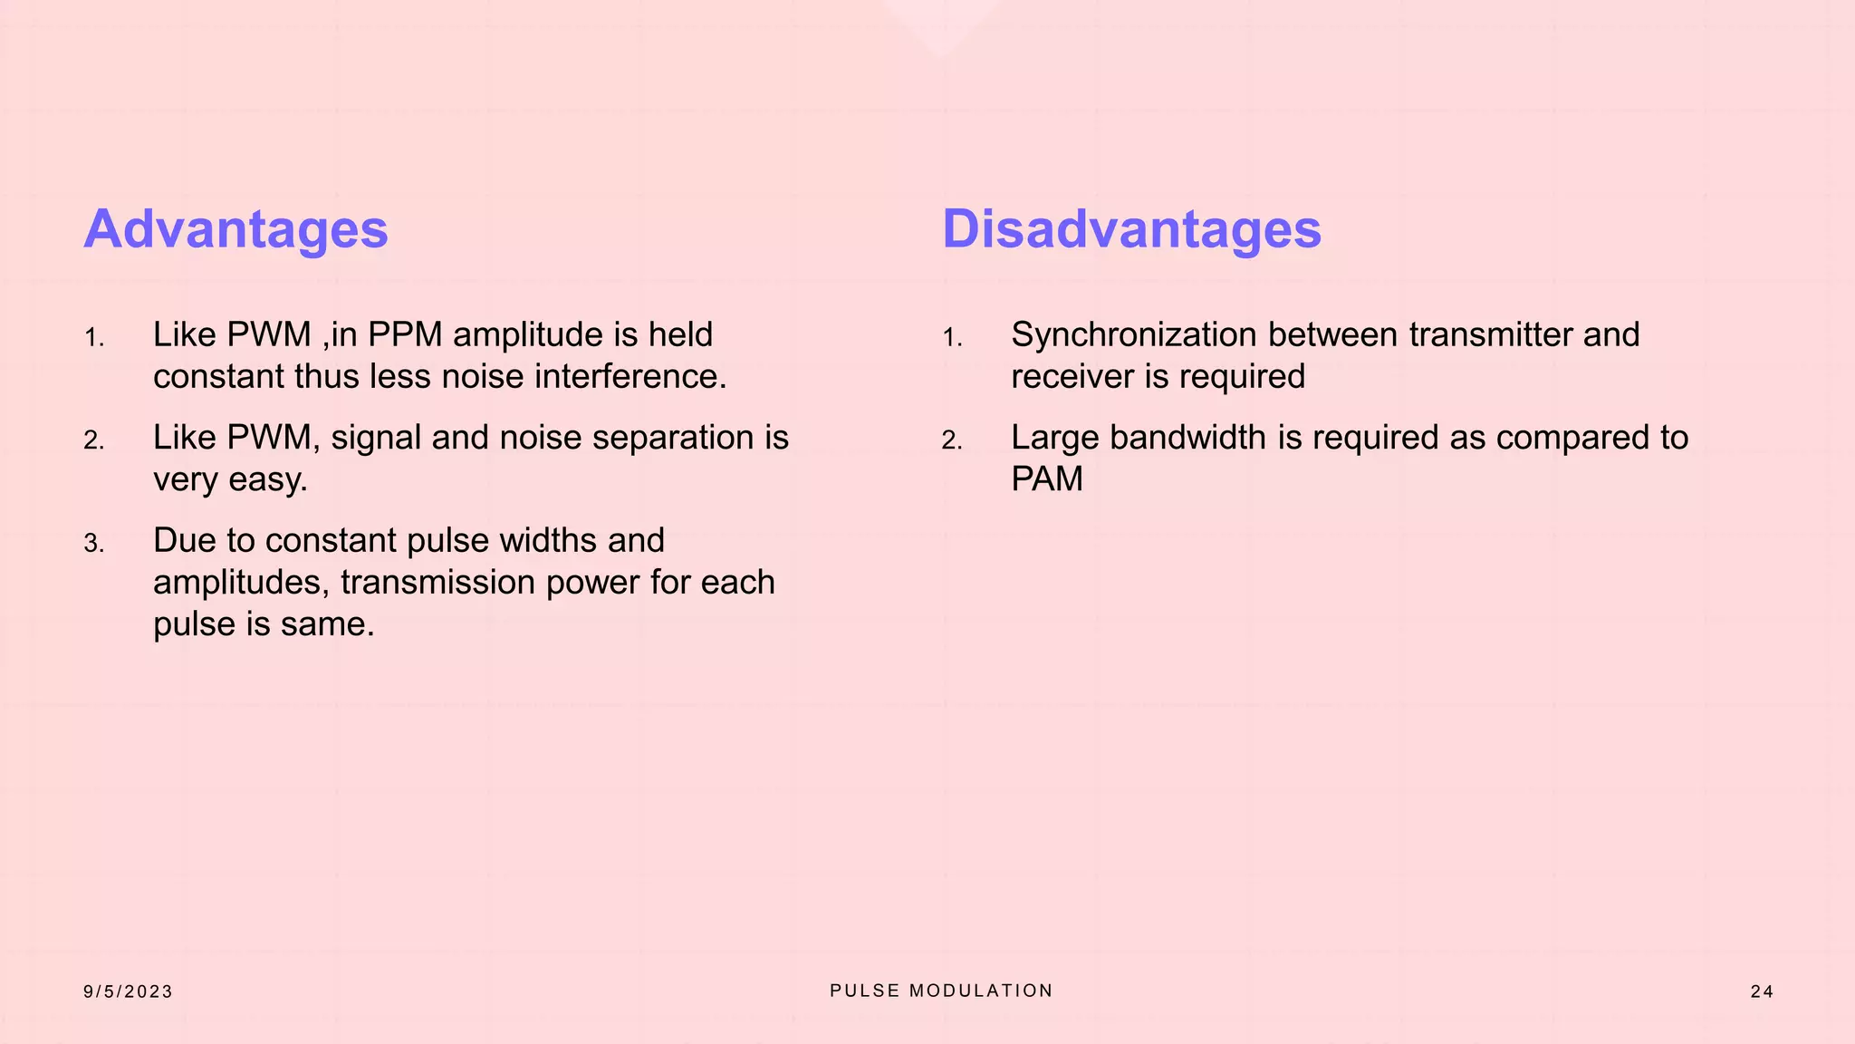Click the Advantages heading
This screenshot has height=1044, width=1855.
click(x=235, y=229)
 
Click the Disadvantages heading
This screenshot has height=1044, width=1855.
click(x=1131, y=229)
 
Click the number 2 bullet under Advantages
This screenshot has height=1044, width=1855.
click(x=93, y=441)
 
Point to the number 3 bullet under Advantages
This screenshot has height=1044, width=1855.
click(x=93, y=544)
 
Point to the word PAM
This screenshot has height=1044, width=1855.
click(x=1046, y=479)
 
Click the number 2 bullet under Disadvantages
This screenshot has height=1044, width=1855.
click(x=951, y=441)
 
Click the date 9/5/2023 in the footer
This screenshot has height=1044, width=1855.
click(x=128, y=991)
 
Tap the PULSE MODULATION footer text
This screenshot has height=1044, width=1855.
click(x=941, y=991)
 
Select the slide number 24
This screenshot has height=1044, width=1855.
click(x=1761, y=991)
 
